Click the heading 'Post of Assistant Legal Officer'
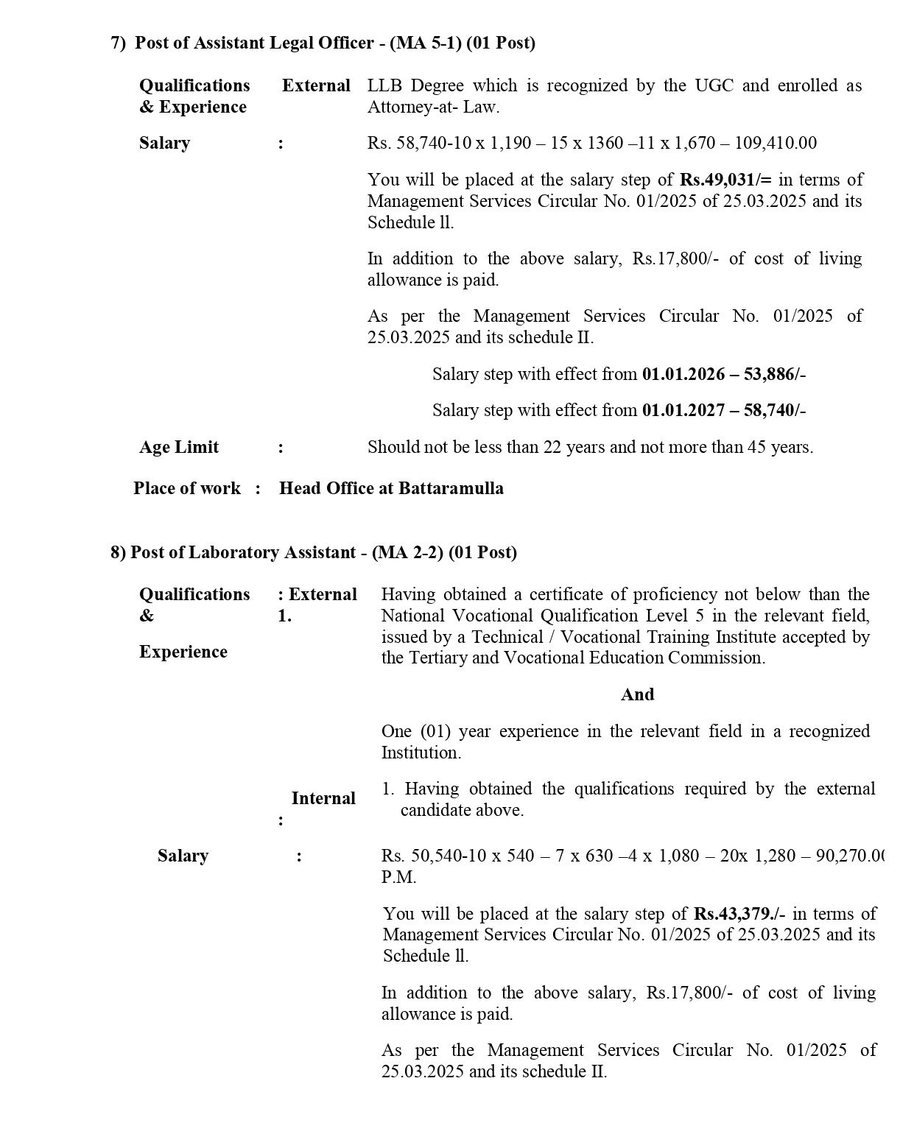[x=254, y=43]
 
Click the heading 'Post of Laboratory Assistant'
[x=243, y=552]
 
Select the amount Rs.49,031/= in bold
[x=725, y=180]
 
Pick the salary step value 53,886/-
[x=775, y=374]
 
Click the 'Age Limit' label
[x=179, y=447]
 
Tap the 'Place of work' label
[x=187, y=488]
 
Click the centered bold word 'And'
[x=637, y=694]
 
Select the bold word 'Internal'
[x=323, y=798]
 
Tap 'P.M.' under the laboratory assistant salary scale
[x=398, y=877]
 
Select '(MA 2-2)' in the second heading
[x=408, y=552]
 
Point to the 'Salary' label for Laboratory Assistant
[x=183, y=856]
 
